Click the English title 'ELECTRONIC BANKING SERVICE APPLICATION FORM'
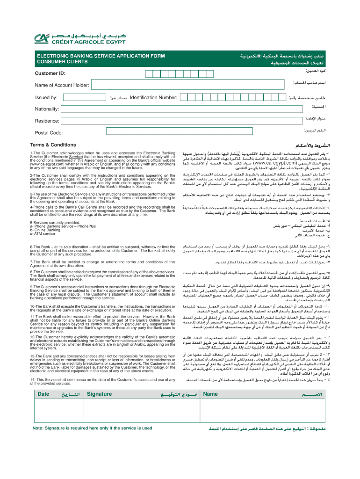click(x=94, y=56)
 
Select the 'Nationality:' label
click(x=47, y=109)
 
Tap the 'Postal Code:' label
click(x=49, y=132)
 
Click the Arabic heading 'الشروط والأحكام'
click(x=314, y=145)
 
